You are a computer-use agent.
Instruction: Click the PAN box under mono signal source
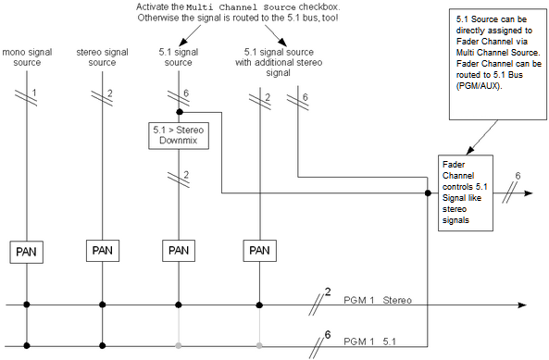[x=27, y=250]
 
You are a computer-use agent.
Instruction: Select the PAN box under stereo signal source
[x=102, y=250]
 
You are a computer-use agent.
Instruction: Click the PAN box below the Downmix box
[x=178, y=250]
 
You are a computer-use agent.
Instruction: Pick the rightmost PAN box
[x=259, y=250]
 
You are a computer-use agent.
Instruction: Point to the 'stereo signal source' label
[x=102, y=56]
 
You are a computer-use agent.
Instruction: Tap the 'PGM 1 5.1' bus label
[x=369, y=341]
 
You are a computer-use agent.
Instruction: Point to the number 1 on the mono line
[x=34, y=93]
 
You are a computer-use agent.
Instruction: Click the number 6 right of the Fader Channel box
[x=518, y=175]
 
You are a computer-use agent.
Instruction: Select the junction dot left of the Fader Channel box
[x=427, y=193]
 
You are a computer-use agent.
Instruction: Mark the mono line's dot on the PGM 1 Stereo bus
[x=27, y=304]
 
